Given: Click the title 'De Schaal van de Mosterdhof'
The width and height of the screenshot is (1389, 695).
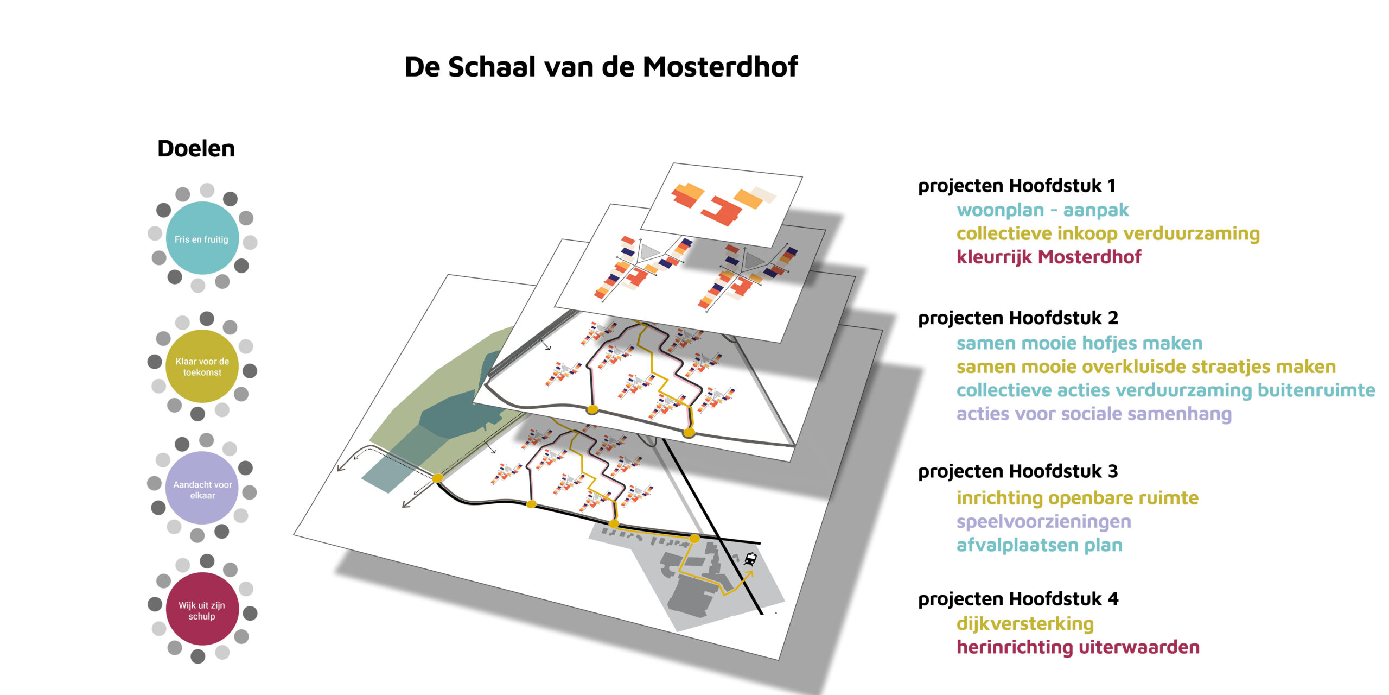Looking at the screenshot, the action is click(601, 67).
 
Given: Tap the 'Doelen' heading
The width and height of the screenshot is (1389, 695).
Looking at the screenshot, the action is click(196, 148).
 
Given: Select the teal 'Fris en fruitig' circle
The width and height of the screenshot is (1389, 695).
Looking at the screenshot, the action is click(202, 238).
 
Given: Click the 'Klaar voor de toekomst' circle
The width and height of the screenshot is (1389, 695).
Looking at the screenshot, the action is click(202, 366).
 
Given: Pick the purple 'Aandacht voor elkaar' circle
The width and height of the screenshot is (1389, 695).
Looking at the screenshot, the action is click(202, 488).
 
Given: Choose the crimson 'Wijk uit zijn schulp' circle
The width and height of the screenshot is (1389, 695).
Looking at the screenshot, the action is click(202, 609).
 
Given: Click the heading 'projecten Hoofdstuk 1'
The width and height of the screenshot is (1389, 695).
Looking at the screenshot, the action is click(1017, 186).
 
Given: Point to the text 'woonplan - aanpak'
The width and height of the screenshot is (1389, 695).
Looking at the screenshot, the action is click(1042, 210).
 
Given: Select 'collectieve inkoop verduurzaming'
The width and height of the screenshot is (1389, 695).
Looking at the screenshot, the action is click(1108, 233).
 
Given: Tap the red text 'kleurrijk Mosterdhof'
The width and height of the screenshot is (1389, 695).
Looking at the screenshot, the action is click(1049, 257).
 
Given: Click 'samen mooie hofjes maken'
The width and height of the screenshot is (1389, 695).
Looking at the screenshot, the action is click(1079, 343).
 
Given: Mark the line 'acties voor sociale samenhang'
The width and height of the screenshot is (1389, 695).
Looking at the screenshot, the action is click(1094, 414).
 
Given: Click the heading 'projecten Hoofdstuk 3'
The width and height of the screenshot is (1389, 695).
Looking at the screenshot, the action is click(1018, 471).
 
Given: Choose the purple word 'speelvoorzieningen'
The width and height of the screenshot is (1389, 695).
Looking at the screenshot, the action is click(1043, 522).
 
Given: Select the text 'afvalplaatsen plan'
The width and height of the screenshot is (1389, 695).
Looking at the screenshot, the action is click(1039, 545).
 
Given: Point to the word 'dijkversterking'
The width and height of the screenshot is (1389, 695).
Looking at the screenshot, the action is click(1025, 624).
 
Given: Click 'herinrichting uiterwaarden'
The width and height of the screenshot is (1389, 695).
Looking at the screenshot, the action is click(1078, 647).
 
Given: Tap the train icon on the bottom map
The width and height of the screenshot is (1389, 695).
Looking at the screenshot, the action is click(750, 559).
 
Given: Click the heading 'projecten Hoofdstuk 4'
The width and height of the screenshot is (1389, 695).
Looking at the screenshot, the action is click(1018, 599).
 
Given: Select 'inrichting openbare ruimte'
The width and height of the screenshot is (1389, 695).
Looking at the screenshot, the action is click(1077, 498).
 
